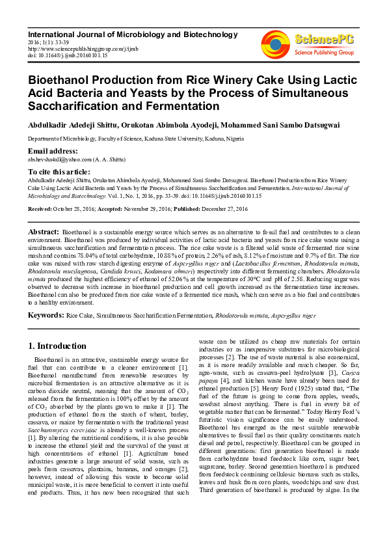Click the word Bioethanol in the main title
point(59,81)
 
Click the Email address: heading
point(53,151)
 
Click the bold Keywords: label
point(46,316)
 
